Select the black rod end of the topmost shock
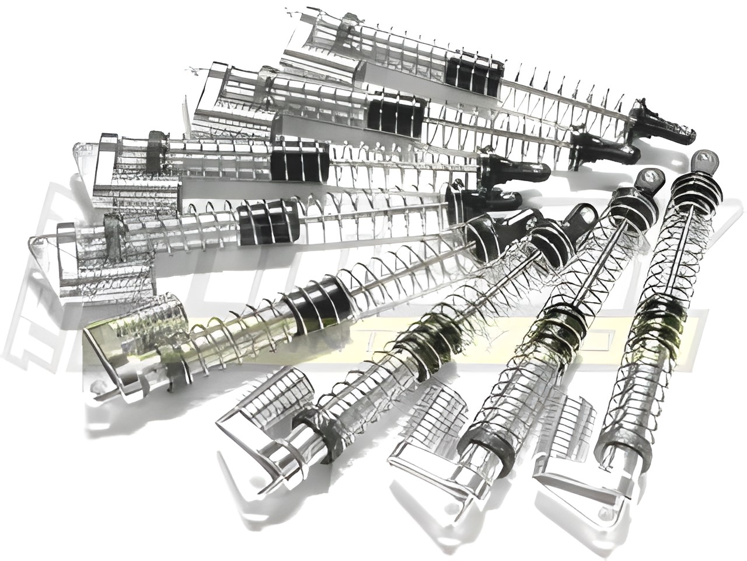tap(665, 122)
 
